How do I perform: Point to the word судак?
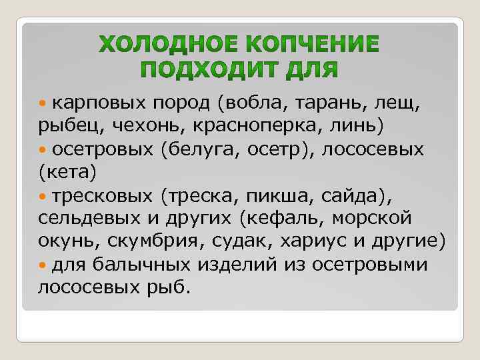coord(257,242)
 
